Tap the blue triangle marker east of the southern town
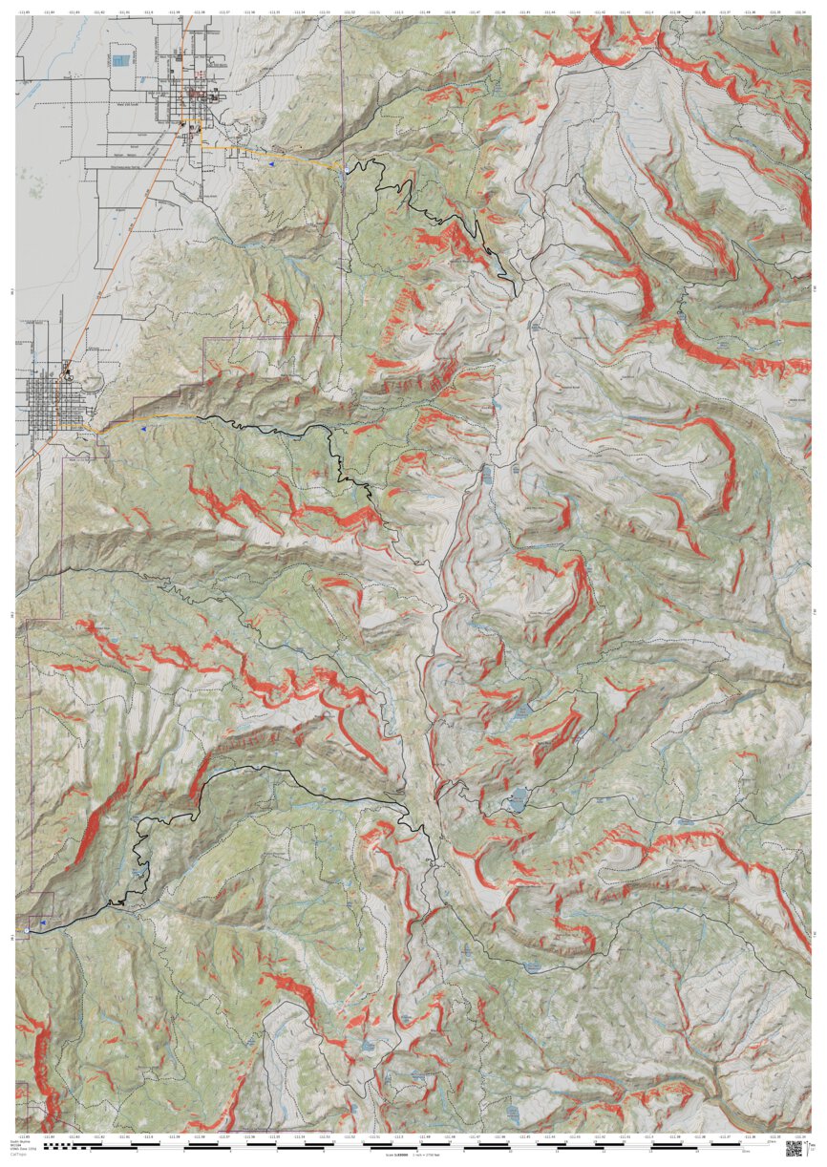pyautogui.click(x=143, y=430)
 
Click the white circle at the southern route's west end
pyautogui.click(x=28, y=929)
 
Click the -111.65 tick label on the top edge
pyautogui.click(x=24, y=13)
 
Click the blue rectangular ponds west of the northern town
pyautogui.click(x=120, y=60)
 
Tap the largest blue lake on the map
pyautogui.click(x=517, y=800)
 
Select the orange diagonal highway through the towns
pyautogui.click(x=134, y=248)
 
